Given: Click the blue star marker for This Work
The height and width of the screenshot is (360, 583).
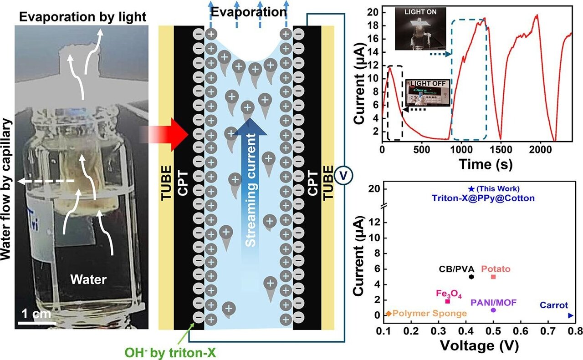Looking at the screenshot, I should point(471,188).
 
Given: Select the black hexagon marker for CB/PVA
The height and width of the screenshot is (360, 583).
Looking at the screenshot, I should point(471,277).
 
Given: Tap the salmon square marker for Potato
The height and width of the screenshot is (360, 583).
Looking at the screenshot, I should point(493,277).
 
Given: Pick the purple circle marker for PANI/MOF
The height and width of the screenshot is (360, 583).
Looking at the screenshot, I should point(493,310).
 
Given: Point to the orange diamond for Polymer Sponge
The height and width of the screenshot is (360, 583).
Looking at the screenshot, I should point(389,314).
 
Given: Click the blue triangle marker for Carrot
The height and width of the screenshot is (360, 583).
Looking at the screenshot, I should point(571,315).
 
